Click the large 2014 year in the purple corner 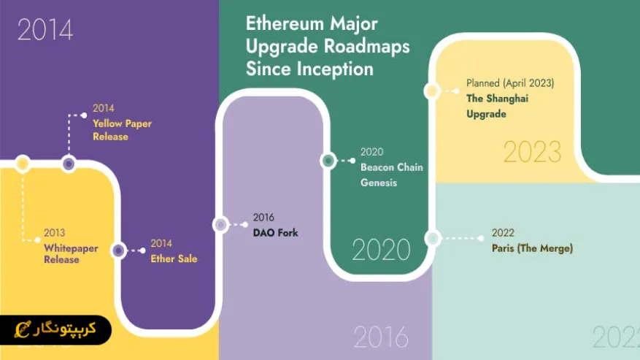click(45, 30)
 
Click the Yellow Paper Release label click(122, 130)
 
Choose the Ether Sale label click(174, 258)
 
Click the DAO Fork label click(275, 233)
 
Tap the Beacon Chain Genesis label click(391, 175)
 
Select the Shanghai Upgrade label click(497, 107)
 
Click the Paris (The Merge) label click(532, 248)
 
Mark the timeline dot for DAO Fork click(220, 225)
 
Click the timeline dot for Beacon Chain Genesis click(328, 161)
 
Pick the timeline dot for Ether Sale click(118, 250)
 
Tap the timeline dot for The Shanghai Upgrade click(432, 91)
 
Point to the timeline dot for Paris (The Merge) click(432, 238)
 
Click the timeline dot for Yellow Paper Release click(69, 164)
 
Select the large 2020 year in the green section click(381, 250)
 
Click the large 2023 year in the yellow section click(532, 153)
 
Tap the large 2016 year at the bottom click(380, 337)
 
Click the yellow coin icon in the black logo click(24, 329)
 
